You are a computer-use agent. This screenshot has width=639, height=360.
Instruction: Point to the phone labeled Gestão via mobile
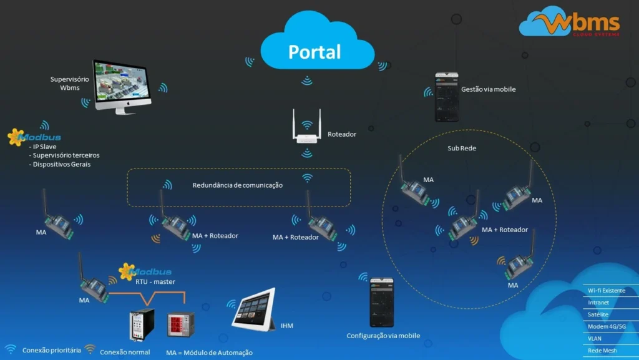446,96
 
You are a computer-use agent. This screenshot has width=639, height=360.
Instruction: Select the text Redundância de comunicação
237,185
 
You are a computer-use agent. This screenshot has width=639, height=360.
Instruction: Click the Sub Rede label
462,148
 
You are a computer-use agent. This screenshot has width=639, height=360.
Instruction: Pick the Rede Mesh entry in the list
602,351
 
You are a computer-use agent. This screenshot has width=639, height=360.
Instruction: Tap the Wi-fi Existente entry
606,291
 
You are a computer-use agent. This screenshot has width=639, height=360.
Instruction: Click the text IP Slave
45,147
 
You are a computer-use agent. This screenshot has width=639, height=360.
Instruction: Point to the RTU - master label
155,281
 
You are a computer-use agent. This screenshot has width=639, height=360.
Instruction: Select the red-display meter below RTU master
180,324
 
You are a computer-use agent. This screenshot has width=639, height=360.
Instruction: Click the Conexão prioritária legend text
52,350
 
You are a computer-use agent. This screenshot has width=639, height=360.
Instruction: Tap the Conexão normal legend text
125,352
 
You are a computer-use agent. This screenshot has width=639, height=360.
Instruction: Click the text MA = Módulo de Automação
209,353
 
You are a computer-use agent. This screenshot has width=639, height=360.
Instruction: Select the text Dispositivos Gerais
62,164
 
